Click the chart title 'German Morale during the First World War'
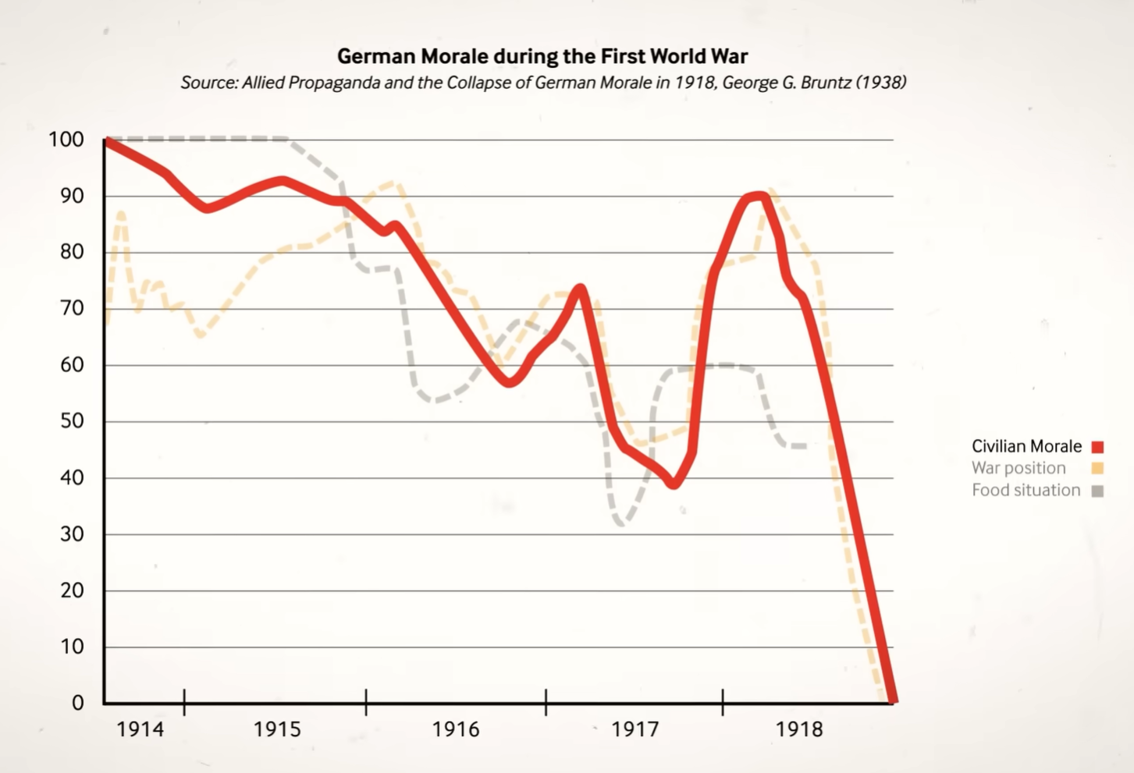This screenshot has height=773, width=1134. coord(542,56)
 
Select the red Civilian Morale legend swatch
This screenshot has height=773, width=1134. coord(1097,447)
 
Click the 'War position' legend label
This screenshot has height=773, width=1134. coord(1018,468)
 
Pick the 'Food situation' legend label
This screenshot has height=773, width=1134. coord(1026,490)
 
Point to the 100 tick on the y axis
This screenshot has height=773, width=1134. coord(66,140)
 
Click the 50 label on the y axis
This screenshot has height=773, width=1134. coord(71,421)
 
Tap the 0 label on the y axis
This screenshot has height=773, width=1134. coord(77,703)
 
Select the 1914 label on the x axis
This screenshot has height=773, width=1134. coord(140,729)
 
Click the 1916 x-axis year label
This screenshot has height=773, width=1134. coord(456,729)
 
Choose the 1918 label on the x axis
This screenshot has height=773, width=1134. coord(799,729)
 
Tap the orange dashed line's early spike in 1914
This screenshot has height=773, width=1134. coord(121,213)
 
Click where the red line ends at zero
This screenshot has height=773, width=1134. coord(893,700)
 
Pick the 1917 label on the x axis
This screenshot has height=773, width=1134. coord(635,729)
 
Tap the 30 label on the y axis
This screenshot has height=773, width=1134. coord(71,534)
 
